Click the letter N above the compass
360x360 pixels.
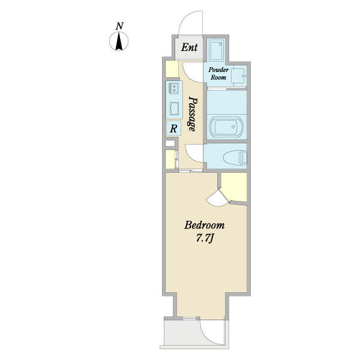(119, 26)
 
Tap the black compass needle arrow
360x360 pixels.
(119, 41)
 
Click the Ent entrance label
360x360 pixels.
(189, 47)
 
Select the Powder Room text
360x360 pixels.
(218, 73)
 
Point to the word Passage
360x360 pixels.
(193, 113)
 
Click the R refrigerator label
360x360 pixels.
(173, 128)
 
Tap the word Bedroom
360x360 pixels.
(205, 225)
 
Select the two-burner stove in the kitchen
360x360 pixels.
(174, 88)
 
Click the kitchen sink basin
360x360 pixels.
(174, 109)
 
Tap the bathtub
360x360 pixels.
(226, 127)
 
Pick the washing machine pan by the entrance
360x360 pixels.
(215, 49)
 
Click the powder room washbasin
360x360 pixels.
(238, 76)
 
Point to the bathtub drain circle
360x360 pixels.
(233, 127)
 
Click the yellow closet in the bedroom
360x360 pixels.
(234, 187)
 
